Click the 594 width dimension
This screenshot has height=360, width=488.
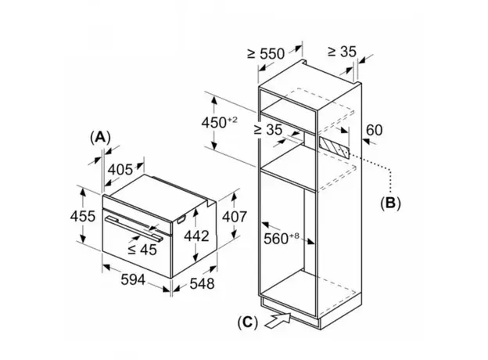click(x=133, y=279)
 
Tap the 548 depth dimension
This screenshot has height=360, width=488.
click(x=202, y=284)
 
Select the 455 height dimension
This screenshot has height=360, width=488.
click(x=82, y=216)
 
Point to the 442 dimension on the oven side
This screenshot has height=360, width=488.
click(x=196, y=236)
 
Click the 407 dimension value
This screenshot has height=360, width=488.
click(x=235, y=217)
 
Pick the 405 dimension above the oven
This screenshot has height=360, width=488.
click(x=120, y=170)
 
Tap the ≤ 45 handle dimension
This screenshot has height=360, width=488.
click(x=142, y=250)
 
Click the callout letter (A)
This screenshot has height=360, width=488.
click(x=100, y=137)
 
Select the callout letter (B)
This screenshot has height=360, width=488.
click(x=390, y=203)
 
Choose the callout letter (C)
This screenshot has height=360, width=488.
click(x=248, y=322)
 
